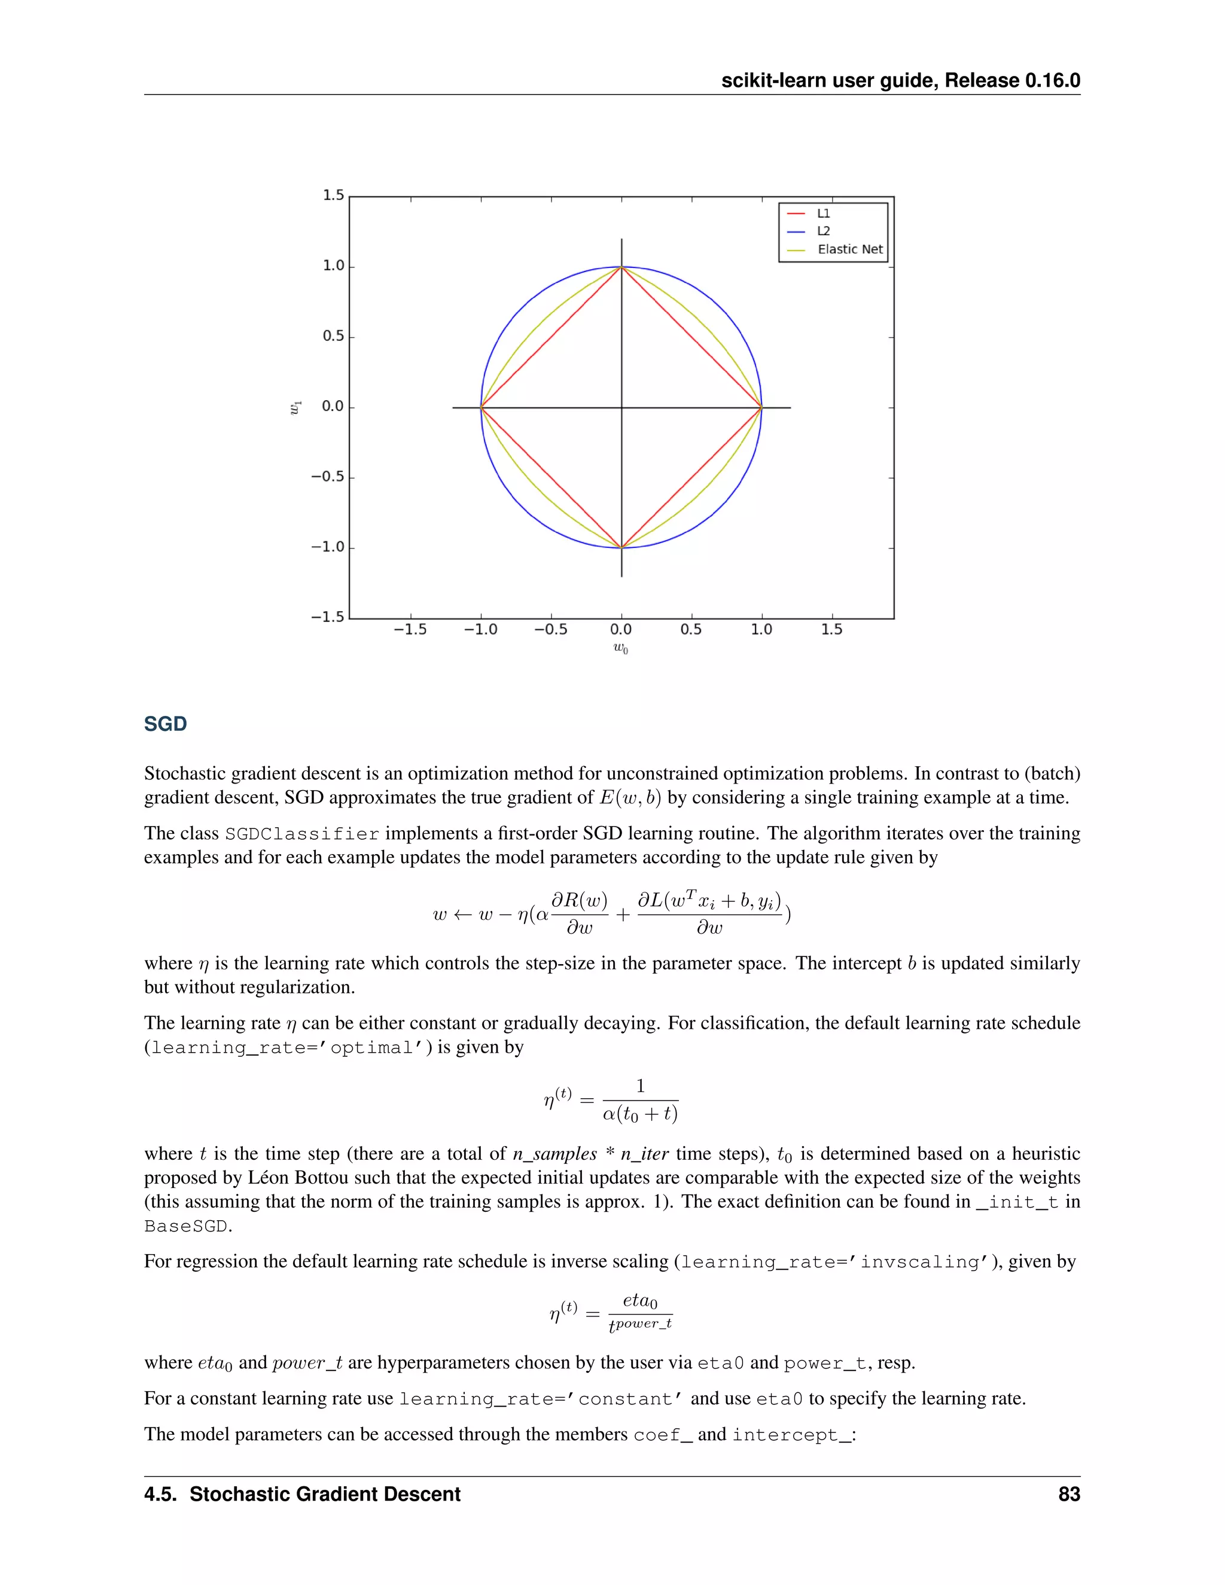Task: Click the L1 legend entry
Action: point(823,214)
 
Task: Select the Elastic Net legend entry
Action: point(850,249)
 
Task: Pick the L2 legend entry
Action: point(823,231)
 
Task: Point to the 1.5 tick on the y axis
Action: point(333,195)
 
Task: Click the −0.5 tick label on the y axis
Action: point(327,477)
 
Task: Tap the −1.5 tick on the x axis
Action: point(410,629)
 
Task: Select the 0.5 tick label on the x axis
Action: point(691,629)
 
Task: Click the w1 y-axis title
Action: point(295,408)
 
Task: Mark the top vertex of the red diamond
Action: point(621,267)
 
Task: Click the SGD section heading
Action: point(166,724)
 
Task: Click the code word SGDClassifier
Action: point(302,834)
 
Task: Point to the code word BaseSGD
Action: point(187,1227)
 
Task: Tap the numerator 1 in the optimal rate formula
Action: point(640,1086)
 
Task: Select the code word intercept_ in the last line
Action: point(791,1435)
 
